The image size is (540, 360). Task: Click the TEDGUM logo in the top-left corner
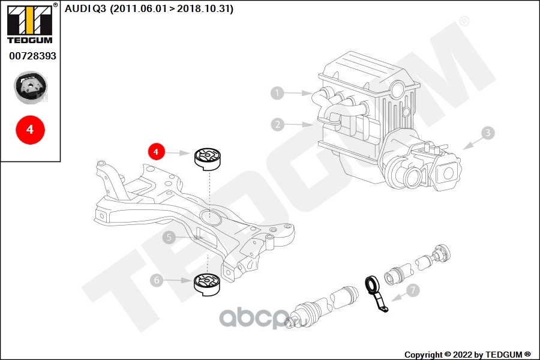pyautogui.click(x=30, y=23)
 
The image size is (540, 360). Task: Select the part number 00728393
pyautogui.click(x=33, y=56)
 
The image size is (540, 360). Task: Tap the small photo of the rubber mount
pyautogui.click(x=31, y=88)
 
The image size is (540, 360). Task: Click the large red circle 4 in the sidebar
pyautogui.click(x=31, y=130)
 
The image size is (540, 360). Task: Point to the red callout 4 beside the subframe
pyautogui.click(x=157, y=152)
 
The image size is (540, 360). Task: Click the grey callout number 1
pyautogui.click(x=277, y=92)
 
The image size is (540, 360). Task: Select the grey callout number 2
pyautogui.click(x=278, y=124)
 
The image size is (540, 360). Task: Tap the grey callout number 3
pyautogui.click(x=488, y=133)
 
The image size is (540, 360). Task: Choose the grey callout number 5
pyautogui.click(x=169, y=237)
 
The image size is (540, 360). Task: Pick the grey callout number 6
pyautogui.click(x=157, y=280)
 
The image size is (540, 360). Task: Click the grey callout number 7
pyautogui.click(x=413, y=290)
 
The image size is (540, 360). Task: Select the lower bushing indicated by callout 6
pyautogui.click(x=207, y=284)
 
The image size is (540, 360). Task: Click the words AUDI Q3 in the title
pyautogui.click(x=85, y=8)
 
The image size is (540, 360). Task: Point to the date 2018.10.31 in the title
pyautogui.click(x=203, y=8)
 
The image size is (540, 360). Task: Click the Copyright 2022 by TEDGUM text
pyautogui.click(x=467, y=355)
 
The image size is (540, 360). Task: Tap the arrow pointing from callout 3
pyautogui.click(x=472, y=143)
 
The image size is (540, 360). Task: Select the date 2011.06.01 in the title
pyautogui.click(x=139, y=8)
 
